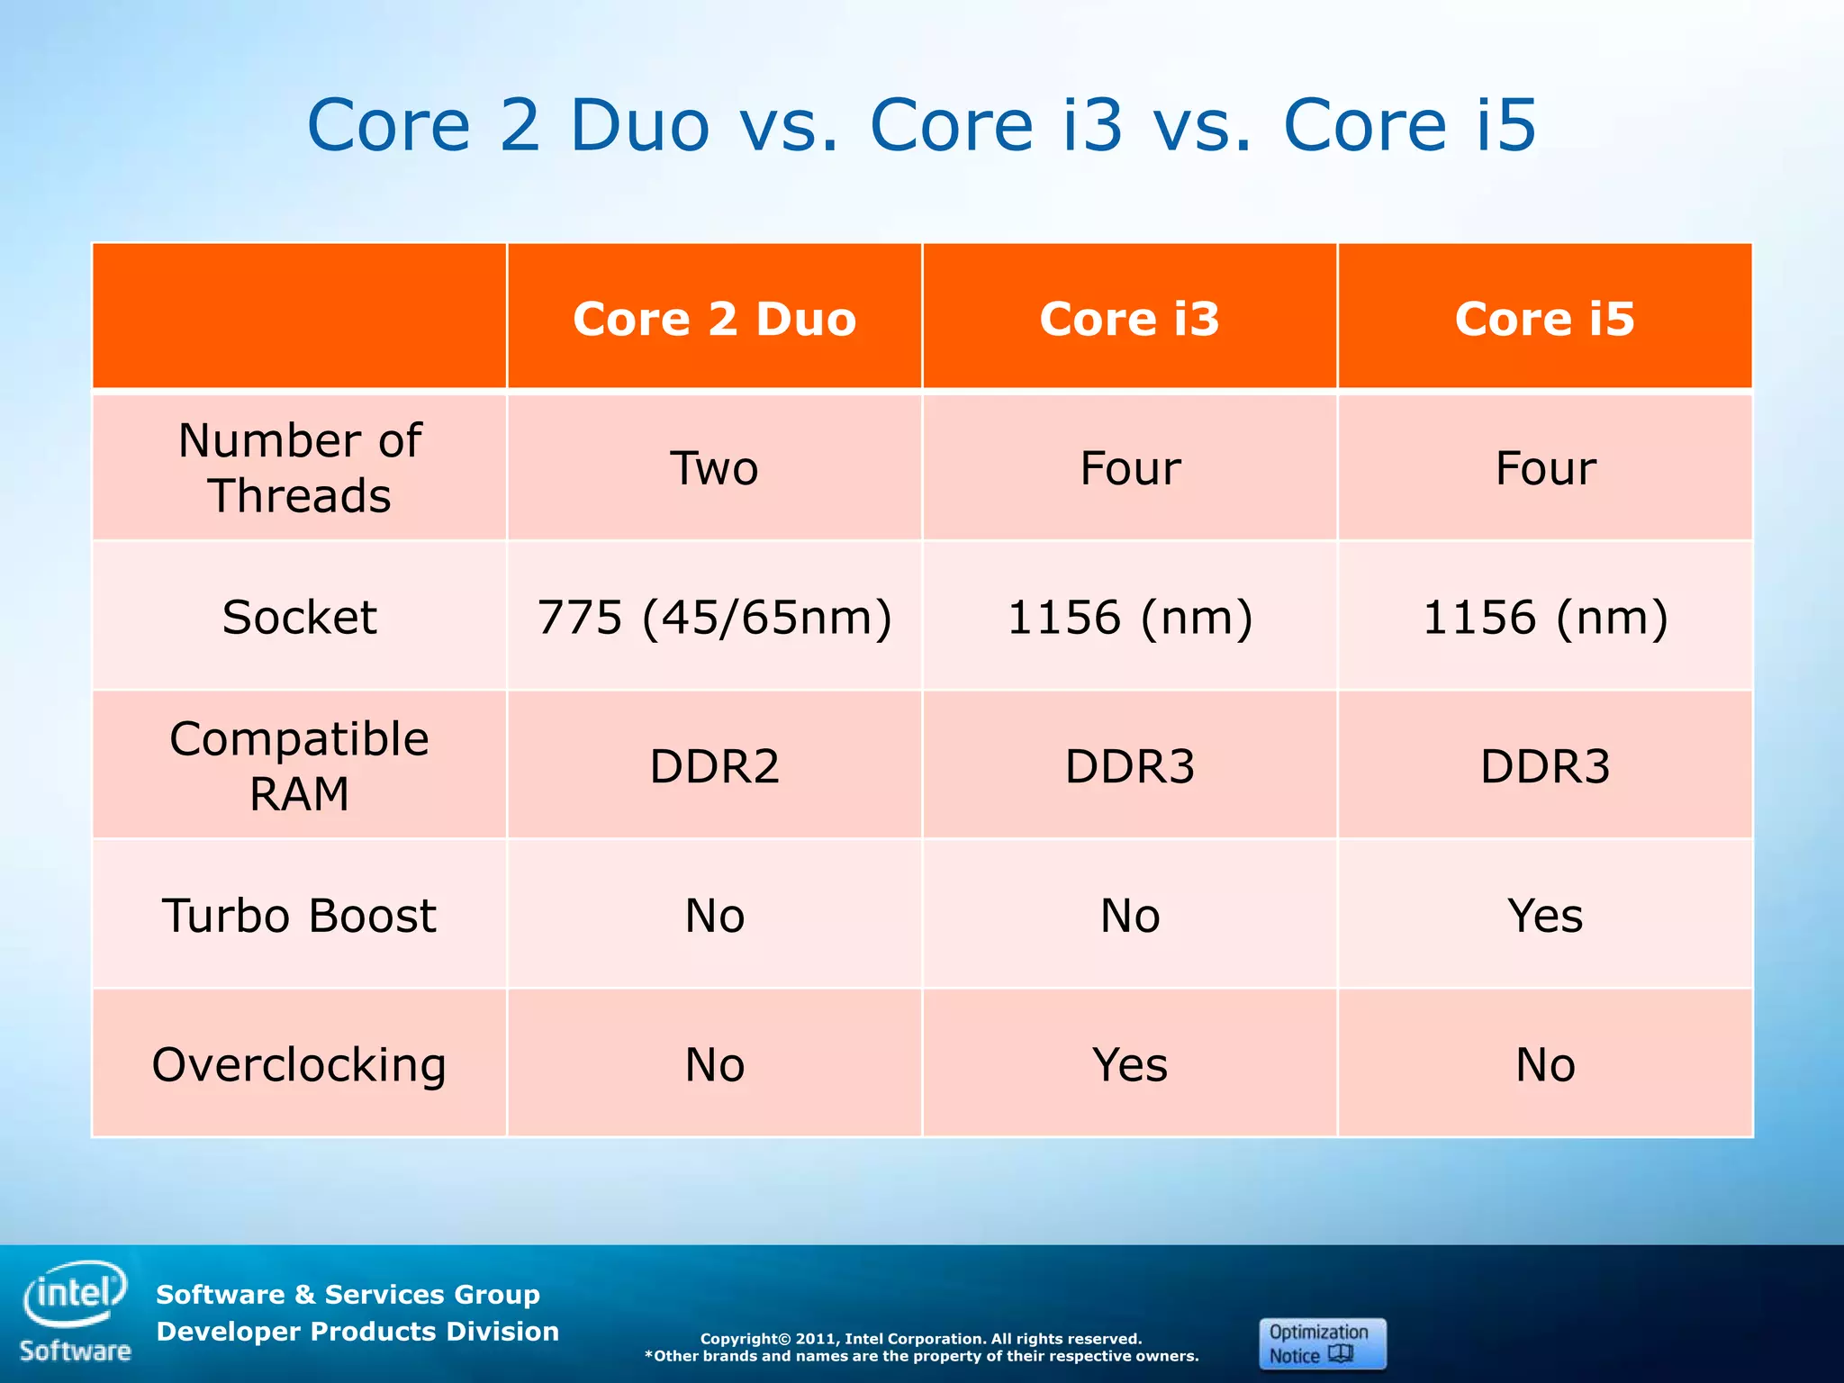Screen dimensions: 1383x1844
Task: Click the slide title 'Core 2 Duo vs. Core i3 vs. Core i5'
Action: pos(921,125)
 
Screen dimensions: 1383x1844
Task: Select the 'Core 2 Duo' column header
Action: pos(714,319)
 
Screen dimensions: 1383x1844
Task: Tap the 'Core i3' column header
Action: pos(1129,319)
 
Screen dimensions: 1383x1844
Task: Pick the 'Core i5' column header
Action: pos(1544,319)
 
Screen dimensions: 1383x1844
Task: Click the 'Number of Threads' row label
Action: pos(300,467)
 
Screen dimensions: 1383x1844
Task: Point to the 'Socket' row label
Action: pos(300,617)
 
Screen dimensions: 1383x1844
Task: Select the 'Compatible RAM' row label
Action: pos(300,765)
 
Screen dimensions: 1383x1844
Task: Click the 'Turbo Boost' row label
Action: pos(300,915)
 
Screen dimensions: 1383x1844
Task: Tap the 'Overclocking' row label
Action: pos(300,1064)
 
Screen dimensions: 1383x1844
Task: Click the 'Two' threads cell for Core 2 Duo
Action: pos(714,468)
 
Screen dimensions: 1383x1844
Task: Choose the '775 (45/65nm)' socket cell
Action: pos(714,617)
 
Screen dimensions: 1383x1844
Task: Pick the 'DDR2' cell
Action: pos(714,766)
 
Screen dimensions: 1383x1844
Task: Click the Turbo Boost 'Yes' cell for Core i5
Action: pos(1545,916)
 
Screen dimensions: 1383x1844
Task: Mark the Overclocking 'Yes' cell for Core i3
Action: pos(1130,1064)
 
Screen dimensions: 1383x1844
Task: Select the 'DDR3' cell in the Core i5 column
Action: pos(1545,766)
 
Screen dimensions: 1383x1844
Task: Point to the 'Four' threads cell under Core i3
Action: pos(1130,468)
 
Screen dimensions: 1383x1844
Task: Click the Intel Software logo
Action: pos(76,1311)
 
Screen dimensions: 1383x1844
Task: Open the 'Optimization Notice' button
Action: pos(1322,1343)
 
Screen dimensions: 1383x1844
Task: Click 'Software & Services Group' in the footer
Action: pos(348,1294)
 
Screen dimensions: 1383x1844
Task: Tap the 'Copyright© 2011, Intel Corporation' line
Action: pos(921,1338)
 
